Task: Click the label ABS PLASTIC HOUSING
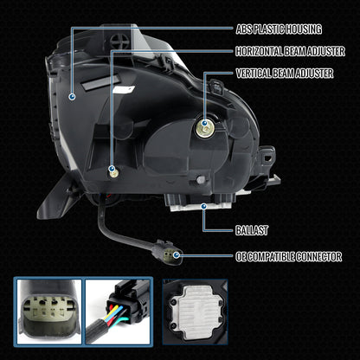[x=279, y=29]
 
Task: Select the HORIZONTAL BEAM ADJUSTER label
[x=290, y=51]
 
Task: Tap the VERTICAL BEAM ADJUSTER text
[x=285, y=74]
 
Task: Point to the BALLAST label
[x=252, y=230]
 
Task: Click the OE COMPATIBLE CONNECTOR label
[x=289, y=256]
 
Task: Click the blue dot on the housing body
[x=72, y=97]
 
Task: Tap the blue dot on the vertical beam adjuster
[x=204, y=124]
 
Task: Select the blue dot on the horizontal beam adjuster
[x=112, y=169]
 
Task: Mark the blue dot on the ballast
[x=203, y=206]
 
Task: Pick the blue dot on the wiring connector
[x=177, y=255]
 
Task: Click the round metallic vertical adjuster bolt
[x=205, y=128]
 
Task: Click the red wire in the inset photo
[x=112, y=317]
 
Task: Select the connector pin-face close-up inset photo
[x=49, y=312]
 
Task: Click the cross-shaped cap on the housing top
[x=119, y=42]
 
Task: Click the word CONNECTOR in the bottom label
[x=318, y=256]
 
